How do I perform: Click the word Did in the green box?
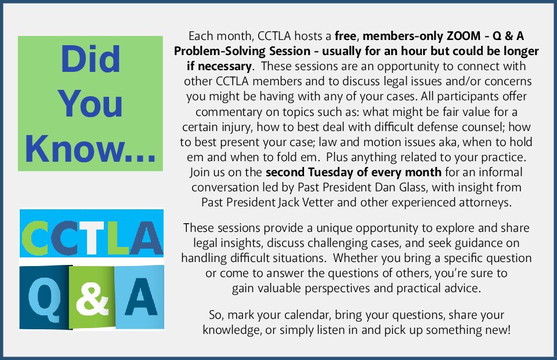tap(91, 59)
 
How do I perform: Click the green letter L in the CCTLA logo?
tap(118, 237)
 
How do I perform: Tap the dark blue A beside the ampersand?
tap(140, 297)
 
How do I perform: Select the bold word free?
tap(345, 36)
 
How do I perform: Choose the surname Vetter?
tap(318, 202)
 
